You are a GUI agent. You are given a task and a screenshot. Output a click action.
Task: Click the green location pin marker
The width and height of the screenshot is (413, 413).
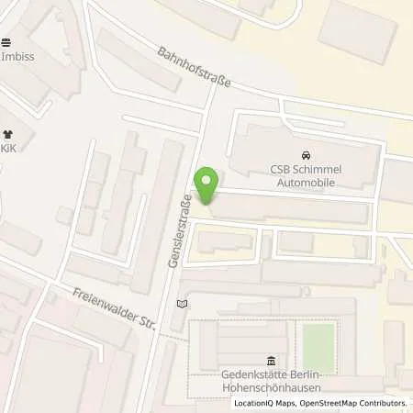pyautogui.click(x=207, y=184)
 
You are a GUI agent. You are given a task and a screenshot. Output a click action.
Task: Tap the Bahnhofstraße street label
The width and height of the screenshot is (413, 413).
pyautogui.click(x=193, y=68)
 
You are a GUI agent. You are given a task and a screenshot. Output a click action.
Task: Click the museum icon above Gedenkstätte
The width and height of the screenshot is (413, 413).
pyautogui.click(x=270, y=359)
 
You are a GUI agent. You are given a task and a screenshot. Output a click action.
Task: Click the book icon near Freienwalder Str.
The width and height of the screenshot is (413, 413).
pyautogui.click(x=182, y=303)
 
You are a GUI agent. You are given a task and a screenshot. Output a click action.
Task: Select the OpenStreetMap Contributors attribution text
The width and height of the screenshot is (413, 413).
pyautogui.click(x=354, y=403)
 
